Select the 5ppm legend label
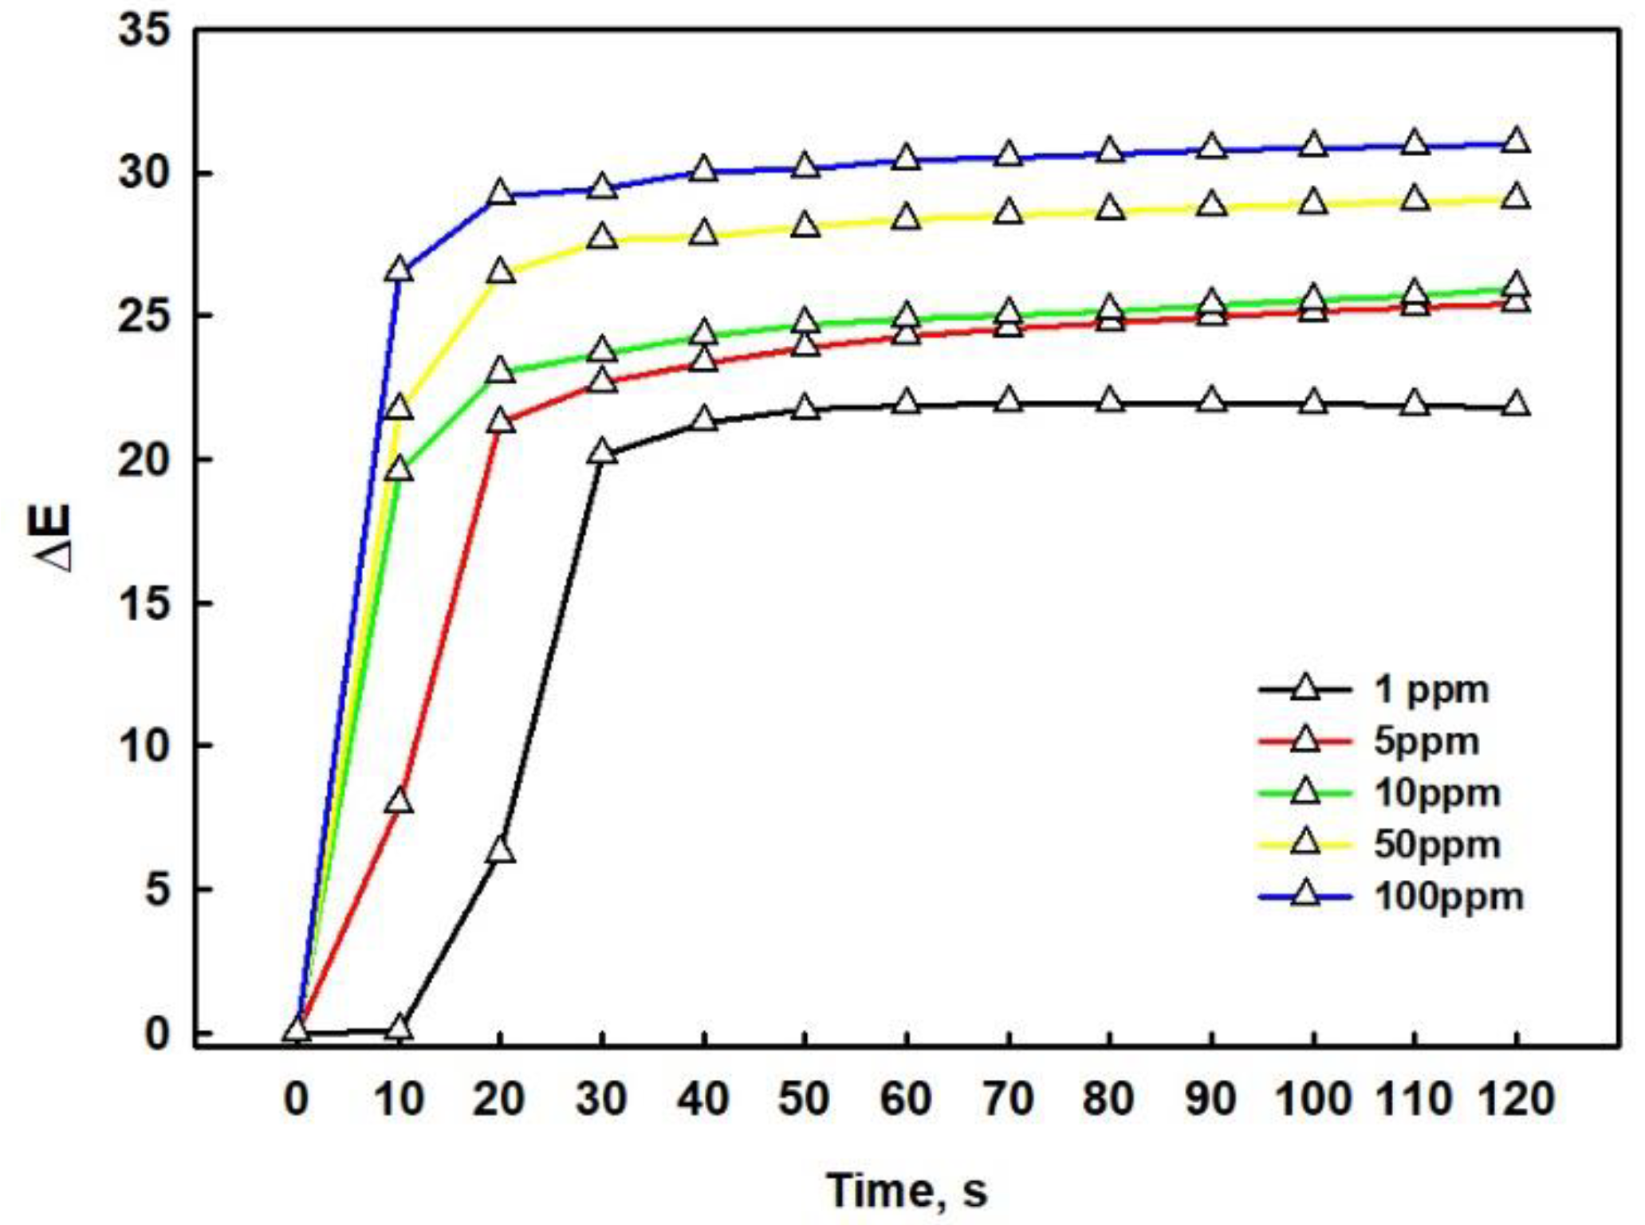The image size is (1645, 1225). pos(1426,741)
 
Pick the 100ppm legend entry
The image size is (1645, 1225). pos(1448,897)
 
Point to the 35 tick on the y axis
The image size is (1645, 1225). pos(144,32)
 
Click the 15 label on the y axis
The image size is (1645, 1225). pos(144,604)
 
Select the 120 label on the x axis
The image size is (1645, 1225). pos(1516,1099)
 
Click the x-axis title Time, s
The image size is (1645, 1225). pos(907,1191)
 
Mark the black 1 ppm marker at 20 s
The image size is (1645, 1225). pos(501,850)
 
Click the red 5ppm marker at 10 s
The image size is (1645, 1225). pos(399,801)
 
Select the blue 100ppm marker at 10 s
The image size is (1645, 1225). pos(399,270)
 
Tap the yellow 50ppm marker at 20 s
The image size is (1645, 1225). pos(501,272)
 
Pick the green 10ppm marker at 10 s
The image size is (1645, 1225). pos(399,469)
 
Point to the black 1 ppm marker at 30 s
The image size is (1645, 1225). pos(602,453)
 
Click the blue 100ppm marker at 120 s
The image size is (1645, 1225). pos(1516,142)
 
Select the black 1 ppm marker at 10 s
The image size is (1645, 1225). pos(399,1028)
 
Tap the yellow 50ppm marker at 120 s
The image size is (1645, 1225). pos(1516,197)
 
